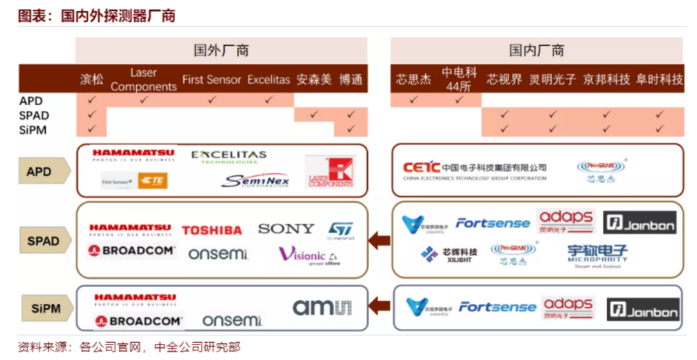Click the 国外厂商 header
pyautogui.click(x=221, y=50)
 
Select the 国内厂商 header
pyautogui.click(x=536, y=50)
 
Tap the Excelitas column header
pyautogui.click(x=268, y=80)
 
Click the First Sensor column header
pyautogui.click(x=212, y=80)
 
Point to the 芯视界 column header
pyautogui.click(x=504, y=80)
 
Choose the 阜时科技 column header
pyautogui.click(x=659, y=80)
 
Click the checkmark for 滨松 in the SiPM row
pyautogui.click(x=92, y=129)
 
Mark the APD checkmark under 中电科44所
pyautogui.click(x=459, y=100)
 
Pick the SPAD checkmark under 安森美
pyautogui.click(x=314, y=115)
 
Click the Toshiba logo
pyautogui.click(x=212, y=230)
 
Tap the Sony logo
pyautogui.click(x=286, y=228)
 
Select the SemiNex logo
pyautogui.click(x=255, y=181)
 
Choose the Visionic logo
pyautogui.click(x=309, y=255)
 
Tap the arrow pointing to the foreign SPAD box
pyautogui.click(x=379, y=241)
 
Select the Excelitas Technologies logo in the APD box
pyautogui.click(x=228, y=157)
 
